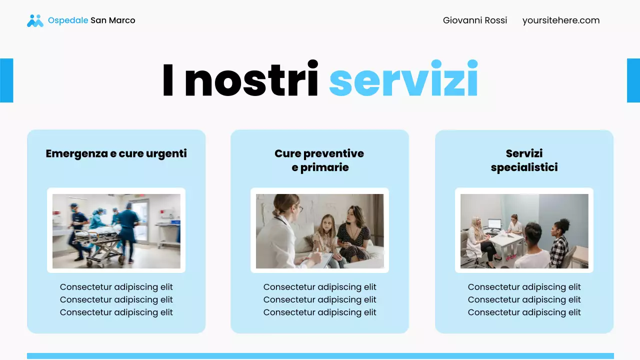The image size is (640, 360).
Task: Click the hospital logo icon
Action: click(35, 20)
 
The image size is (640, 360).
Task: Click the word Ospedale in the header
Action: click(68, 20)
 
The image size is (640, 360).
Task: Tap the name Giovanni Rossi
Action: click(475, 20)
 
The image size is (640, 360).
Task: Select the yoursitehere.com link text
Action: click(561, 20)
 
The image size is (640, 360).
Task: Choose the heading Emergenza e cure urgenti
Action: click(116, 153)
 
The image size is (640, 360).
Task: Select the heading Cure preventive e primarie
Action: click(319, 160)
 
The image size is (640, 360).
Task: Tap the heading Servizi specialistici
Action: click(524, 160)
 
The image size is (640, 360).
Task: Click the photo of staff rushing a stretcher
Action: click(116, 231)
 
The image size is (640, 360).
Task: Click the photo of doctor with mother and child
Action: click(320, 231)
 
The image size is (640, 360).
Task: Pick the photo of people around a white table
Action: click(524, 231)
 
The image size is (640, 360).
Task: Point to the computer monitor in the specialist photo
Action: click(494, 223)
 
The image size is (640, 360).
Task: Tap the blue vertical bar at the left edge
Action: click(6, 80)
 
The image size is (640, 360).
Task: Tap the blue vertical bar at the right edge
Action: click(633, 80)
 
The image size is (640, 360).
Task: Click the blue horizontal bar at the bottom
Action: click(320, 356)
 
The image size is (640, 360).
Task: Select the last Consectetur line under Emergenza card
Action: click(116, 312)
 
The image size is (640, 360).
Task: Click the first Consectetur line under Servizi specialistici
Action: click(524, 287)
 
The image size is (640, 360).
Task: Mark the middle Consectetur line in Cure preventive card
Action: click(320, 299)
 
